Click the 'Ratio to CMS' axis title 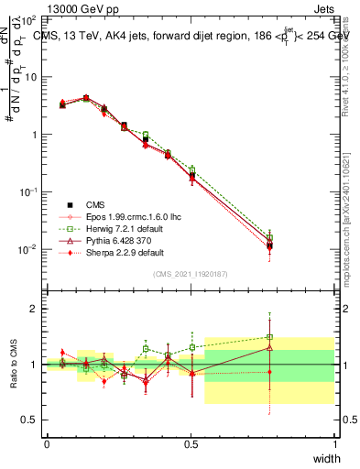pos(12,364)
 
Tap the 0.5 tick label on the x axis pos(191,443)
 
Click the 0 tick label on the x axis pos(47,443)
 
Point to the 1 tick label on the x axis pos(335,443)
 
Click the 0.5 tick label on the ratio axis pos(28,420)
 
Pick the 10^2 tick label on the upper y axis pos(29,19)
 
